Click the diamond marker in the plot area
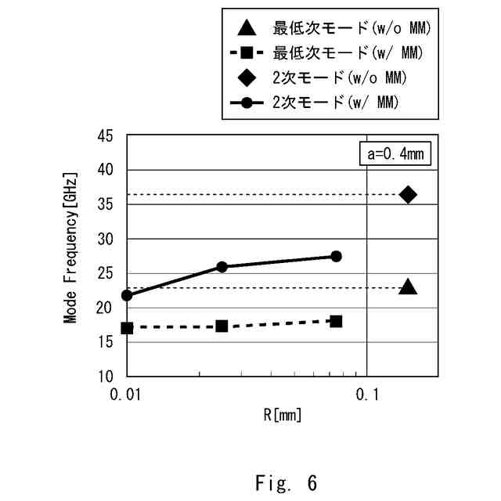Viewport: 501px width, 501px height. (x=408, y=195)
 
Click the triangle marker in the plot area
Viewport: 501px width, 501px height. (x=408, y=287)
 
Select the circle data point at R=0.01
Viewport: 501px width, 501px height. (x=127, y=295)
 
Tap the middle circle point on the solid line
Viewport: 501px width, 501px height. (x=222, y=267)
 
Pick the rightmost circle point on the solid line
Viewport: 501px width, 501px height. (x=336, y=256)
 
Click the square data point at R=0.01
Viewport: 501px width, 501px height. (x=127, y=328)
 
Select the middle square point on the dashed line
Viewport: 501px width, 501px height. (x=222, y=326)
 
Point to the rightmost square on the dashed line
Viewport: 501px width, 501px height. (x=336, y=321)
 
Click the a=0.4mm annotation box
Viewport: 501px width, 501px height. (x=395, y=153)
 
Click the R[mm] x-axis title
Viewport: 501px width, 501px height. (x=282, y=415)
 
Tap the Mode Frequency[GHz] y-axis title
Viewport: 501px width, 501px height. (x=70, y=248)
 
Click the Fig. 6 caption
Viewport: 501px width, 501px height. (x=287, y=483)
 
